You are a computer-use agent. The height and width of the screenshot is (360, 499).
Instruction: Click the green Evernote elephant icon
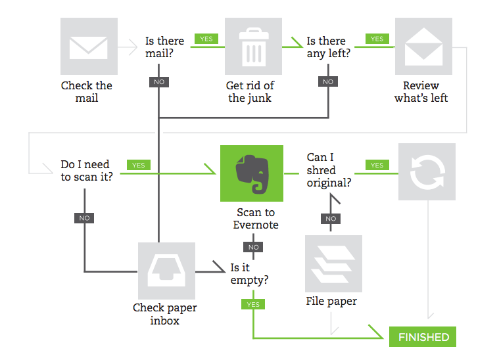(x=251, y=173)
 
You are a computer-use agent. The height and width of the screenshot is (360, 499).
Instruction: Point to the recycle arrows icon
(x=427, y=173)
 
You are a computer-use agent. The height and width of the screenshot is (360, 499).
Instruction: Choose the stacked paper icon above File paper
(x=333, y=263)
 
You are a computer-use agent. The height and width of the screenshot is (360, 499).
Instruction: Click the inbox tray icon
(x=166, y=271)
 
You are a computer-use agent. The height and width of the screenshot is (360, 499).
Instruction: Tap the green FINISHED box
(x=423, y=337)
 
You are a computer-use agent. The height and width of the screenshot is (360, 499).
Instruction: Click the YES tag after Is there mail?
(x=206, y=39)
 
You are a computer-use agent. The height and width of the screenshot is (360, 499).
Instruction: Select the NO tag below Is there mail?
(x=159, y=82)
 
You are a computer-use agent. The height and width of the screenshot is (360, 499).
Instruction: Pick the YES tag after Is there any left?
(x=377, y=39)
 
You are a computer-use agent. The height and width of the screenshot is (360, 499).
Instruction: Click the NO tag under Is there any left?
(x=328, y=82)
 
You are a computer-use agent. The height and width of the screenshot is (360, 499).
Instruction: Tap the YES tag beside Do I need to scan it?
(x=138, y=165)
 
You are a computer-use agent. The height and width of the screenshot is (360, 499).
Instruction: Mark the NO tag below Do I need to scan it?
(x=84, y=218)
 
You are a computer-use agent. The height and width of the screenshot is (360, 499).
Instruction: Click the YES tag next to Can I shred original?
(x=377, y=165)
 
